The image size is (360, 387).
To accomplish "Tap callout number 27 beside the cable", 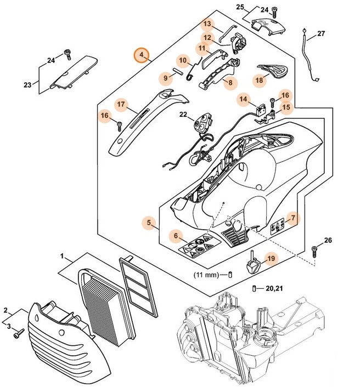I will coord(321,33).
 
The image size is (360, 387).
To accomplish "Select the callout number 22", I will coord(183,115).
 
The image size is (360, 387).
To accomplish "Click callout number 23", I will coord(27,84).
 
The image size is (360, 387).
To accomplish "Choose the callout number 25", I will coord(240,7).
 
